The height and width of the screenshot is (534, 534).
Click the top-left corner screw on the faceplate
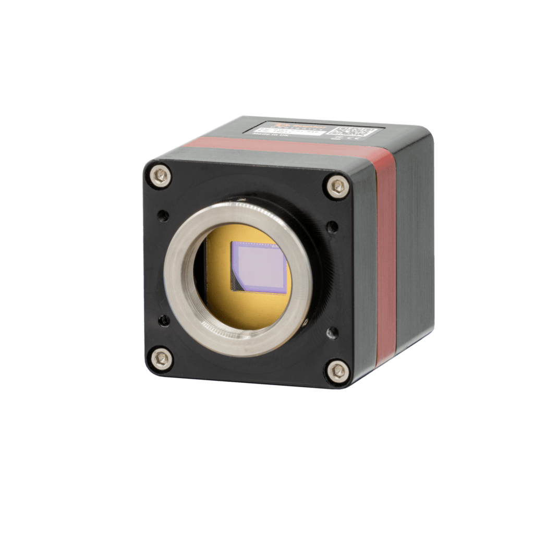coord(160,176)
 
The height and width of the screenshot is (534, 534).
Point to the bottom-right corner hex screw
coord(337,371)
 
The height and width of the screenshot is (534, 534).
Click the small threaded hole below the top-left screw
coord(163,215)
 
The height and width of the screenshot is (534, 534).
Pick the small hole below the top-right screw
coord(332,227)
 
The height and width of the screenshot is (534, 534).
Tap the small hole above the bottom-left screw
coord(164,320)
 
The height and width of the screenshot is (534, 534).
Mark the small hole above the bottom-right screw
coord(332,333)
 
